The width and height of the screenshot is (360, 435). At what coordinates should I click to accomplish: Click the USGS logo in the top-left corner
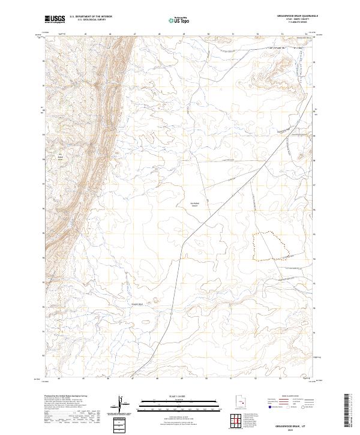click(55, 19)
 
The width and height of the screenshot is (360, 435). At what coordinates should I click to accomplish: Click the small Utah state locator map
click(234, 404)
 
